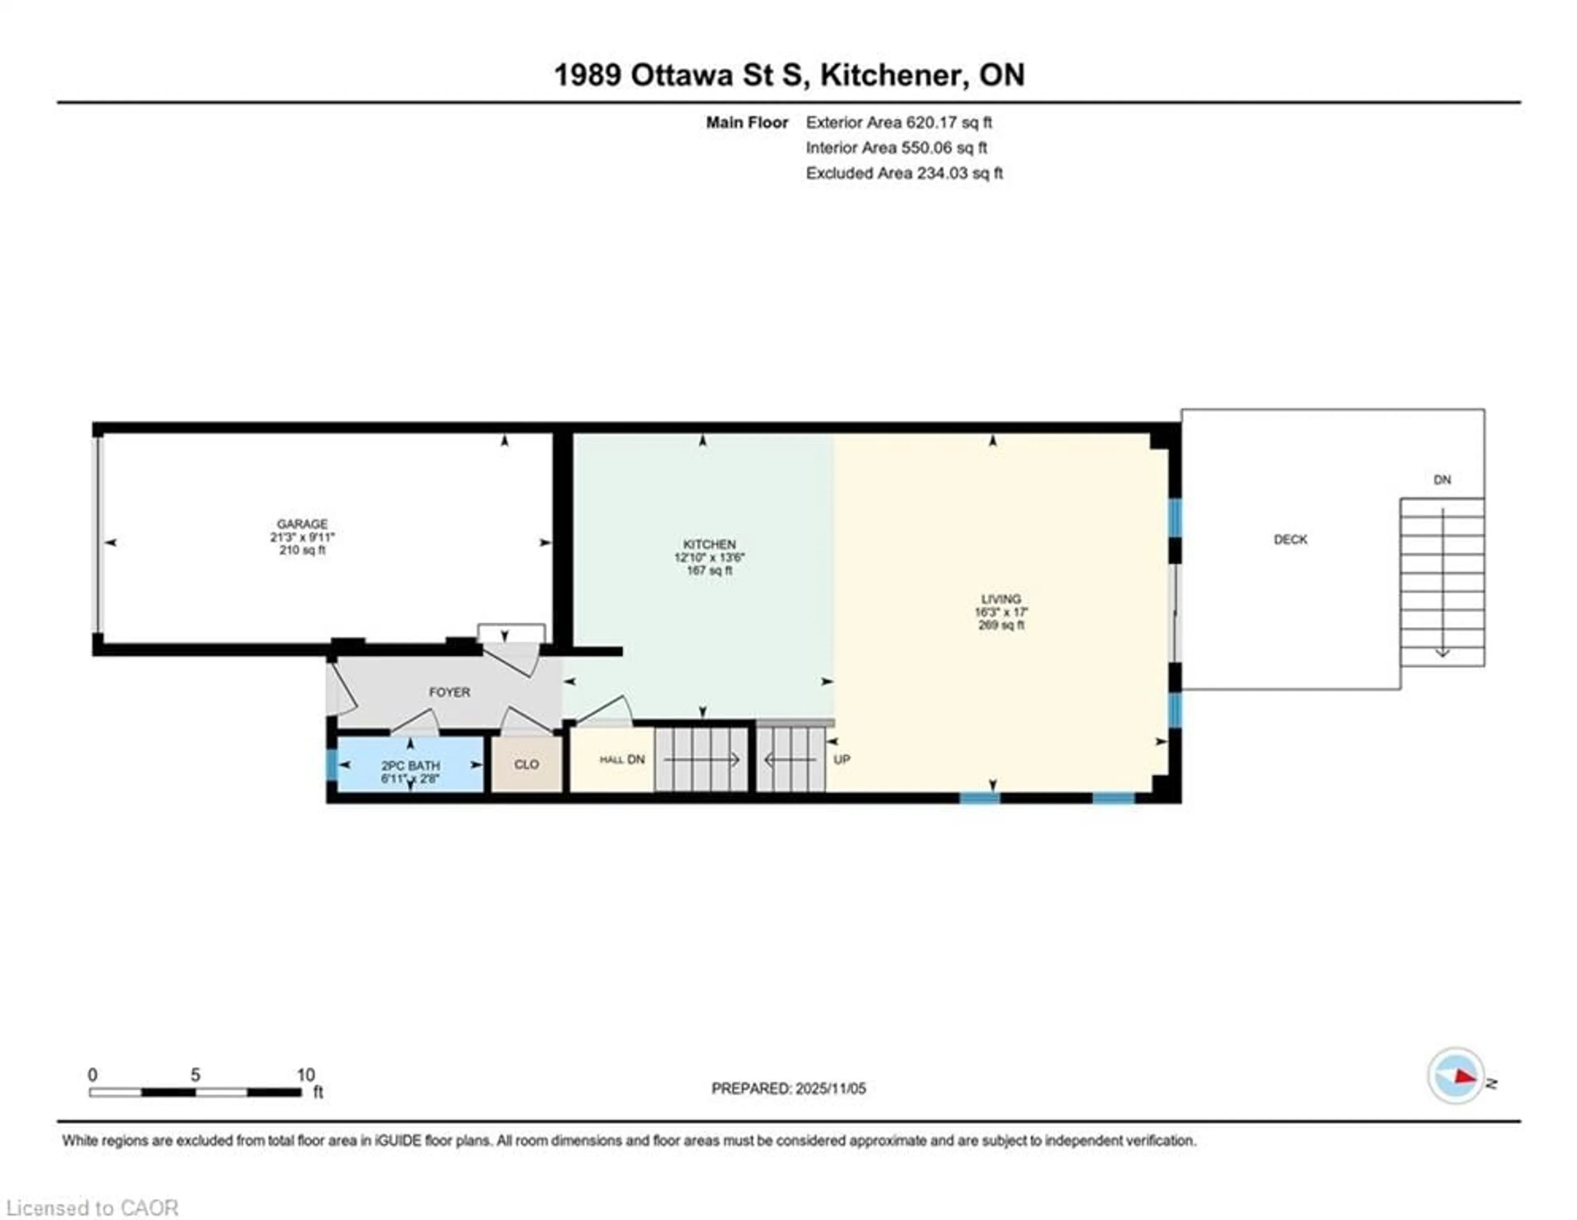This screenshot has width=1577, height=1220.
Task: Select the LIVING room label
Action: (1001, 599)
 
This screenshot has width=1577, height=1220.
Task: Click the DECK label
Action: (1290, 540)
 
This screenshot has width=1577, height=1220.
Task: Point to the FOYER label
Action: (449, 692)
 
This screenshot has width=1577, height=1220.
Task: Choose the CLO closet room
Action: (526, 764)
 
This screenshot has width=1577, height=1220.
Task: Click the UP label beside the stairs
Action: (842, 760)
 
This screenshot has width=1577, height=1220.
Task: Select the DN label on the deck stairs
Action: (1442, 480)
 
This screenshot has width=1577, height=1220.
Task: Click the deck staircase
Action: (1442, 582)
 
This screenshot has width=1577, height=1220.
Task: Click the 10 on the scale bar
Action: (306, 1075)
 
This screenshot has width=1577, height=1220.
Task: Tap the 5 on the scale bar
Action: (195, 1075)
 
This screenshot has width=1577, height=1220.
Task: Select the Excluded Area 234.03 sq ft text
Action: (904, 173)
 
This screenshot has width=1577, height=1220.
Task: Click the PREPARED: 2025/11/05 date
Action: (788, 1089)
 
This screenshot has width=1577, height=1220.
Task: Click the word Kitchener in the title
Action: (894, 75)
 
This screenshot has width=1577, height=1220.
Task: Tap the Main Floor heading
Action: (747, 123)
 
